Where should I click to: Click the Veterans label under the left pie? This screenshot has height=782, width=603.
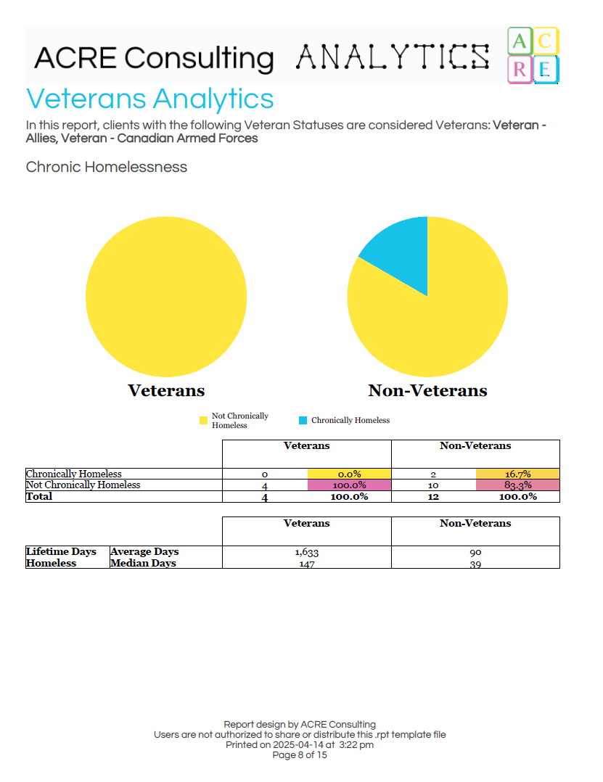166,390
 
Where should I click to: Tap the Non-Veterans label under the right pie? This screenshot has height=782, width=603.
427,390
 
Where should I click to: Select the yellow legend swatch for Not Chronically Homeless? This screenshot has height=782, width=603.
203,420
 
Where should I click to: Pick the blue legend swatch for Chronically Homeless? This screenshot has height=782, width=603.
303,420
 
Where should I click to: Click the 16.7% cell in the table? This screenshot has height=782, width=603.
517,474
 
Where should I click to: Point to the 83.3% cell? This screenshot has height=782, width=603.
517,485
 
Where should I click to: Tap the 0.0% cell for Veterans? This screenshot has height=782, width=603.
349,474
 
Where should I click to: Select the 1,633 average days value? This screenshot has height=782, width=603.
306,552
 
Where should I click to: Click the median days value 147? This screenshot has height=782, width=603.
306,564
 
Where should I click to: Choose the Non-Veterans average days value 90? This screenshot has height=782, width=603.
475,552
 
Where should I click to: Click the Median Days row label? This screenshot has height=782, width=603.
143,563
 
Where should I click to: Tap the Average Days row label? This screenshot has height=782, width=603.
144,551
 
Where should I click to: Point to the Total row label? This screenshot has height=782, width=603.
39,496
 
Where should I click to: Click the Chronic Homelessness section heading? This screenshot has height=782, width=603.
106,167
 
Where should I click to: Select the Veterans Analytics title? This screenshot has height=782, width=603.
149,99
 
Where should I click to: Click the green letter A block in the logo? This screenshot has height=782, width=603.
519,42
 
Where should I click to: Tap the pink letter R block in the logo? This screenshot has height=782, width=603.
519,70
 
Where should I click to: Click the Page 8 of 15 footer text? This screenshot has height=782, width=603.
300,755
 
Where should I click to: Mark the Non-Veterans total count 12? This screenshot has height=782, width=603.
433,497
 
